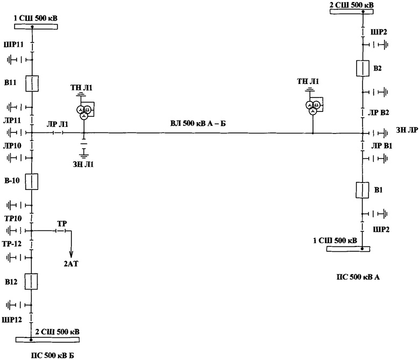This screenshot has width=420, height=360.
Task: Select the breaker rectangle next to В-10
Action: pos(32,181)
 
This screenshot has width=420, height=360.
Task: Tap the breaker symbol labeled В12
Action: pos(32,281)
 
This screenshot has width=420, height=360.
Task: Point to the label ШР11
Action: pos(13,44)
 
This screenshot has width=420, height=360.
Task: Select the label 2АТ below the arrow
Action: pos(70,264)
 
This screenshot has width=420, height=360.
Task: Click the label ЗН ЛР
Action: pos(407,130)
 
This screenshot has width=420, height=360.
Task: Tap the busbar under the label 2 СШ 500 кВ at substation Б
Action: pos(47,339)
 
